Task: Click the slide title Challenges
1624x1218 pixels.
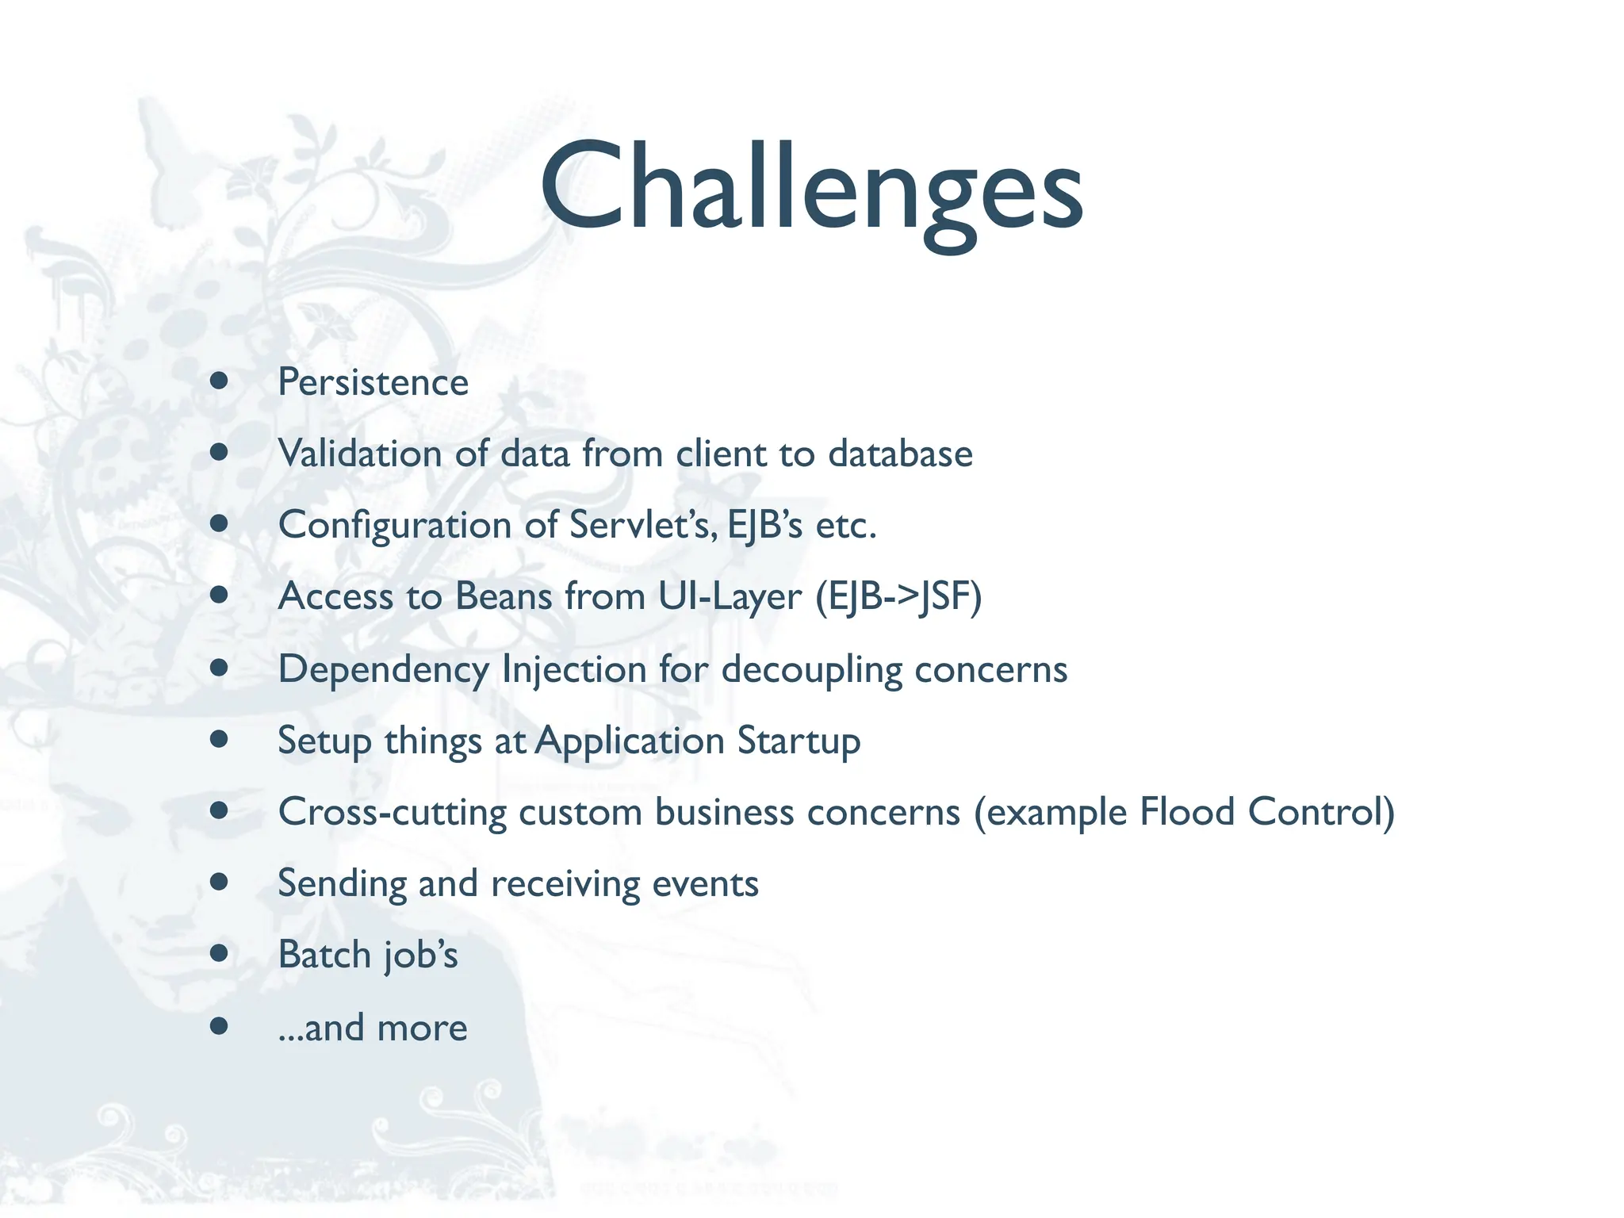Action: (811, 187)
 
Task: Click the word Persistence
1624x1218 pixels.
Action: (373, 383)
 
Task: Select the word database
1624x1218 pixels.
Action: (900, 454)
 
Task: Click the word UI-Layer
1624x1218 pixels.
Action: (730, 597)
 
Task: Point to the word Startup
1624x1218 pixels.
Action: (799, 741)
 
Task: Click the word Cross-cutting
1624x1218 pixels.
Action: (393, 813)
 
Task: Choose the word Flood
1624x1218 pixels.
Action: (1187, 812)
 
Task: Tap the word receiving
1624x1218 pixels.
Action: (564, 884)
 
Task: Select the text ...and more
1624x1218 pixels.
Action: (373, 1028)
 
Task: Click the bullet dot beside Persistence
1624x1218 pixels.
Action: (220, 381)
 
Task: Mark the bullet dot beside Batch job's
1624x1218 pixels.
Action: (220, 952)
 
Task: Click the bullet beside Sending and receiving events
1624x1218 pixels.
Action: (220, 882)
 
